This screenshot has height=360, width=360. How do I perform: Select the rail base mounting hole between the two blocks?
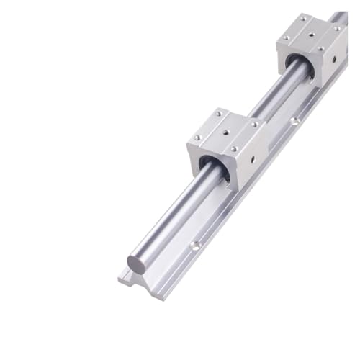[x=294, y=122]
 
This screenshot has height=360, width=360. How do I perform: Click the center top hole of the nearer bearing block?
[x=226, y=132]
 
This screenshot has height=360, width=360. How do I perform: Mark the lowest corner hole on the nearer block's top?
[x=233, y=149]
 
